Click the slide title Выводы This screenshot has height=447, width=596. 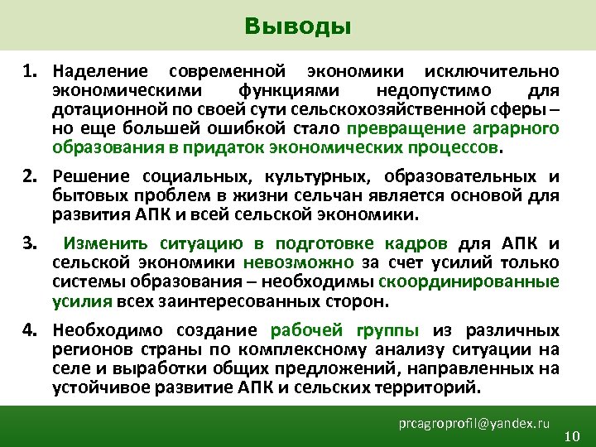tap(298, 26)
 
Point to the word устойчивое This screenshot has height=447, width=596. tap(95, 387)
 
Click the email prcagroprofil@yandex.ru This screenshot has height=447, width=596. tap(473, 423)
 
